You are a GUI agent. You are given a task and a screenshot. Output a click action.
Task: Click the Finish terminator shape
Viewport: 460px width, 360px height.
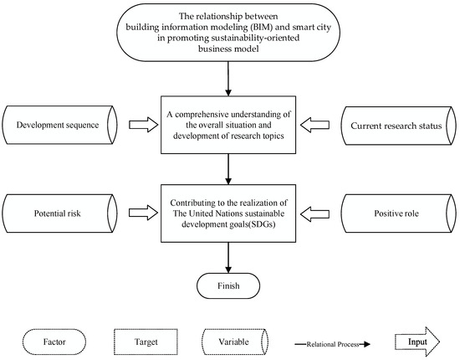click(228, 285)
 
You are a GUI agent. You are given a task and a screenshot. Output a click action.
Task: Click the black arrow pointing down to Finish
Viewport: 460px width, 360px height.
click(228, 262)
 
